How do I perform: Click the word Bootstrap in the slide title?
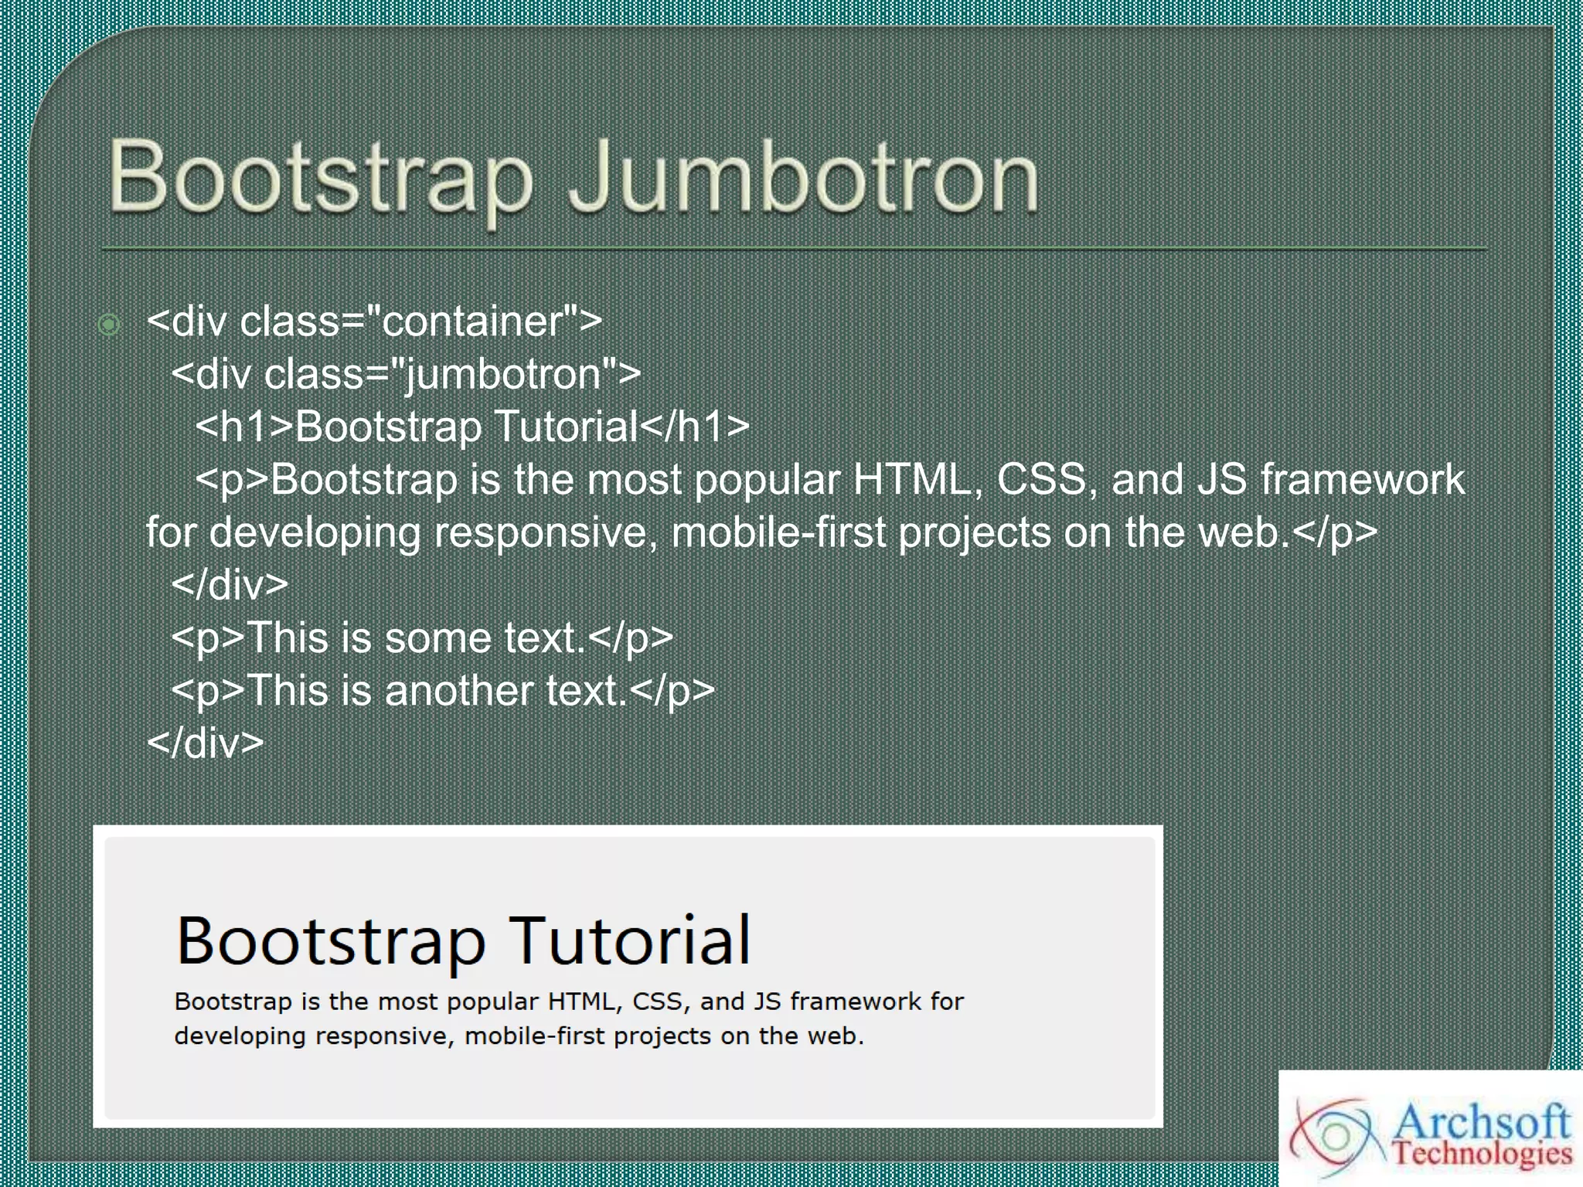(321, 178)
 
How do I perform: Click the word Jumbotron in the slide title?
(804, 178)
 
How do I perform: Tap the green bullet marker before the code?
(109, 325)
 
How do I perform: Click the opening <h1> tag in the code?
(245, 427)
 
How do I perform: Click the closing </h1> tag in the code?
(694, 427)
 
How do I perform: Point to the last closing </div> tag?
(206, 743)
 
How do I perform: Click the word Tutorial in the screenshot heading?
(629, 940)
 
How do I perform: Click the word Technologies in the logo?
(1482, 1154)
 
